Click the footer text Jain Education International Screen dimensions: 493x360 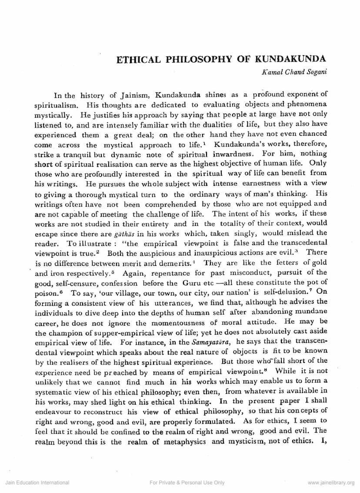pyautogui.click(x=37, y=483)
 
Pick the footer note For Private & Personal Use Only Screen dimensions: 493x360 pyautogui.click(x=187, y=483)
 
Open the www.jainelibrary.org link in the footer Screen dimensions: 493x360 pyautogui.click(x=331, y=483)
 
